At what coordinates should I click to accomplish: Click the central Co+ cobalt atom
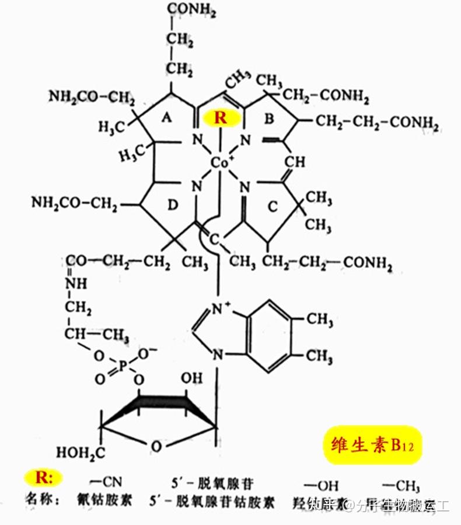point(220,164)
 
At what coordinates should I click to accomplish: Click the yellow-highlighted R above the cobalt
point(221,118)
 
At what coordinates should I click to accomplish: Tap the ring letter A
point(166,119)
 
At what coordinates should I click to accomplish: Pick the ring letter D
point(172,205)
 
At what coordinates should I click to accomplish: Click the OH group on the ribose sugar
point(191,378)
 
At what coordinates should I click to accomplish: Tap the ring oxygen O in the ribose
point(155,446)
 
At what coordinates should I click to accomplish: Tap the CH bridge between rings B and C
point(295,161)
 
